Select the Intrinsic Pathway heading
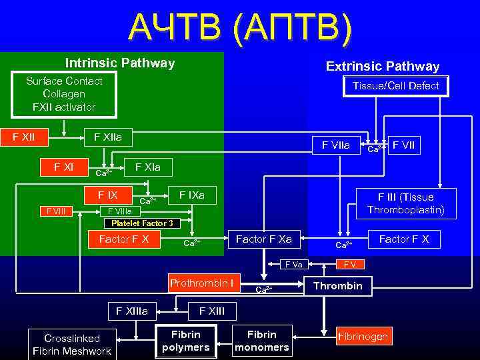(x=120, y=63)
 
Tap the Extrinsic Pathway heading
(x=382, y=66)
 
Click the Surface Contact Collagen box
(x=64, y=94)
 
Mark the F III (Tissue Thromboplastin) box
(x=405, y=203)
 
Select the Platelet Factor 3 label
(x=142, y=223)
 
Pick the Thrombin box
(x=338, y=286)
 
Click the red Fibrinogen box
(x=363, y=337)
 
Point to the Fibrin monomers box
(x=262, y=341)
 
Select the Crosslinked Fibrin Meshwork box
(x=72, y=345)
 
